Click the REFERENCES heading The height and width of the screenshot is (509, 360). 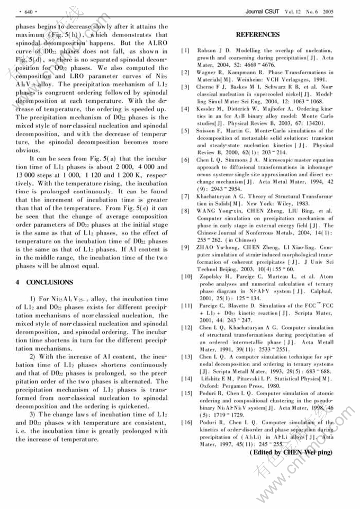tap(257, 35)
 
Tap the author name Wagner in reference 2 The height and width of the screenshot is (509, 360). tap(206, 72)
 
